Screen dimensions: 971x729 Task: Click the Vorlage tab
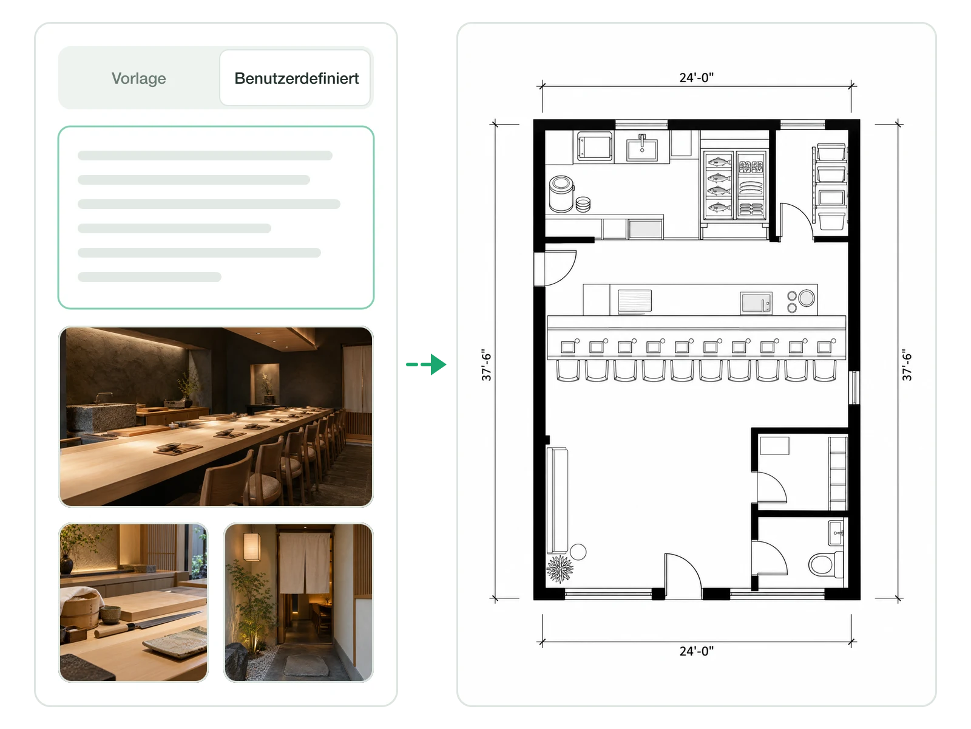(138, 78)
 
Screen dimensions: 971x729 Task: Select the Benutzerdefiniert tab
(296, 78)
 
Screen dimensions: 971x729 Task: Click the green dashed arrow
(427, 364)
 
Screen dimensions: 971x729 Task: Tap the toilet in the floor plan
(825, 564)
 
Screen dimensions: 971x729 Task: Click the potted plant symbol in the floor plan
(560, 569)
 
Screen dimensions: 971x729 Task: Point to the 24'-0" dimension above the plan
(696, 78)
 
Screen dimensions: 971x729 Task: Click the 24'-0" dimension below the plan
(696, 651)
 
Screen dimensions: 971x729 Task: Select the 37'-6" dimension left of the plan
(487, 364)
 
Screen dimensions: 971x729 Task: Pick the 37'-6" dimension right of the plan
(907, 364)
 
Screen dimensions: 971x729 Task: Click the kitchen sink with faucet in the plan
(642, 148)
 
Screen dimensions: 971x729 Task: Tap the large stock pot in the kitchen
(561, 193)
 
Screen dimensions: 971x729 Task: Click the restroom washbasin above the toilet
(836, 533)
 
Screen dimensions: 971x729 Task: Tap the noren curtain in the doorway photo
(305, 563)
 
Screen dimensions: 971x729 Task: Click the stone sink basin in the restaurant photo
(101, 416)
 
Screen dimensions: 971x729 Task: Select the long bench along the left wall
(557, 500)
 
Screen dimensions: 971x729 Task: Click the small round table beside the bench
(578, 552)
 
